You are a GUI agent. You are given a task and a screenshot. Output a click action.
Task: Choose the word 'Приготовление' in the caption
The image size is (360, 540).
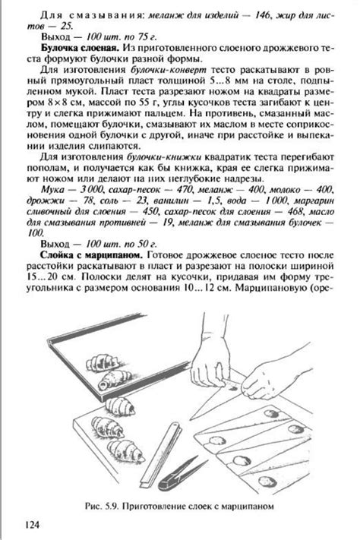[x=174, y=504]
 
